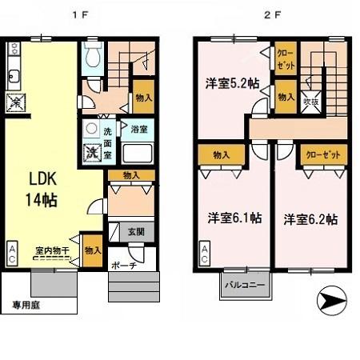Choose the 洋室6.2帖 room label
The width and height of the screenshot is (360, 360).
pyautogui.click(x=308, y=218)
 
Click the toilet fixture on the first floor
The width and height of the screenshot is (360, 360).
pyautogui.click(x=93, y=56)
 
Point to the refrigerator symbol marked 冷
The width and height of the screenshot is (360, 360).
pyautogui.click(x=14, y=102)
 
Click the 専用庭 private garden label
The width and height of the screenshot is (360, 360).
pyautogui.click(x=26, y=303)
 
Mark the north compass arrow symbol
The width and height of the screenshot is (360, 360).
pyautogui.click(x=335, y=303)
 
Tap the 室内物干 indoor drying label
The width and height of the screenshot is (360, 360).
pyautogui.click(x=51, y=250)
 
